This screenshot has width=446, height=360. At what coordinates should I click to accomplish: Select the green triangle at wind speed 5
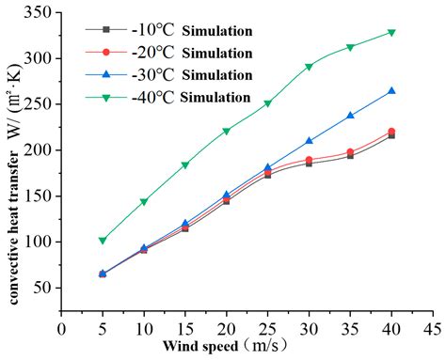coord(103,240)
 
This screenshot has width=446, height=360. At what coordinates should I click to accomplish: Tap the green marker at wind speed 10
coord(144,201)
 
